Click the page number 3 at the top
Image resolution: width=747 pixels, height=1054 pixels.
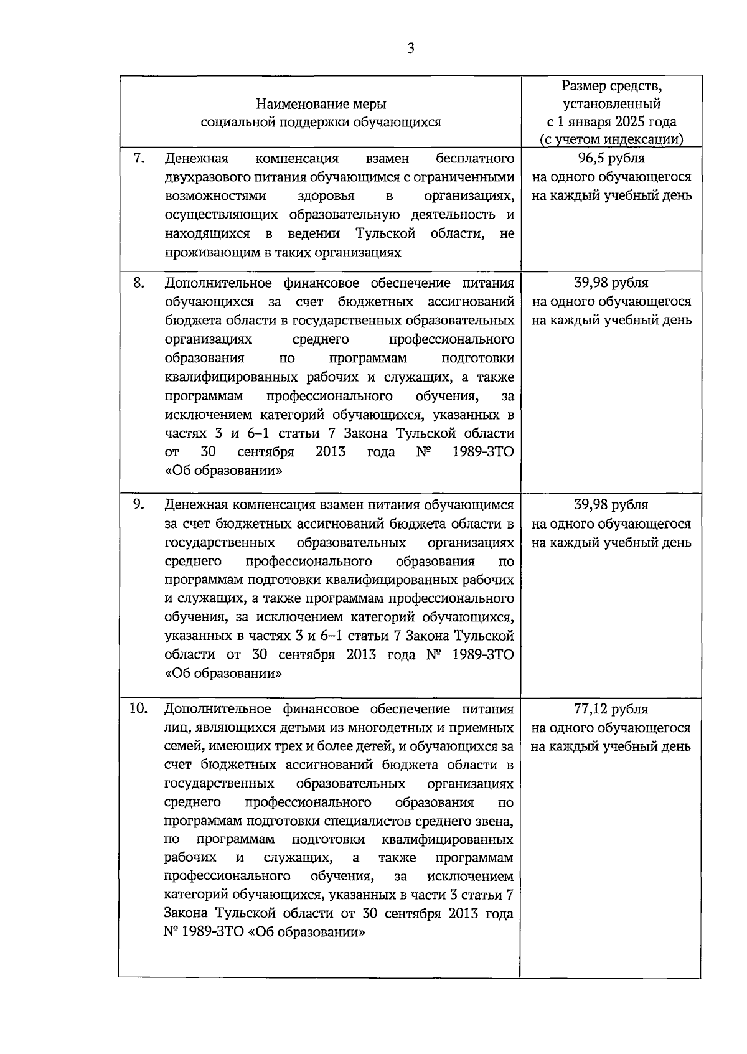tap(410, 49)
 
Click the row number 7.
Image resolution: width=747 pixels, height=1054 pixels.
tap(139, 158)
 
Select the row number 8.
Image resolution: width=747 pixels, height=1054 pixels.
tap(139, 283)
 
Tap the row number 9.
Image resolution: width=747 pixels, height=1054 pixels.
tap(139, 504)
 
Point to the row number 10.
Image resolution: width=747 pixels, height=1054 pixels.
tap(138, 708)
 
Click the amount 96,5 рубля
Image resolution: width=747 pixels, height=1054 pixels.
tap(611, 158)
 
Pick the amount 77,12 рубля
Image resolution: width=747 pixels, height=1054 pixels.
tap(611, 709)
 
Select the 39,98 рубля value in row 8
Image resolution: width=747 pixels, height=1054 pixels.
tap(611, 283)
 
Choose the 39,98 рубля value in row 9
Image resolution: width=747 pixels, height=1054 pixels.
tap(611, 505)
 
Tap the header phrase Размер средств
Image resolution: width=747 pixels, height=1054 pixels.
tap(611, 85)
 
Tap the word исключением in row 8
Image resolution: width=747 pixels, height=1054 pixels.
tap(203, 415)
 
